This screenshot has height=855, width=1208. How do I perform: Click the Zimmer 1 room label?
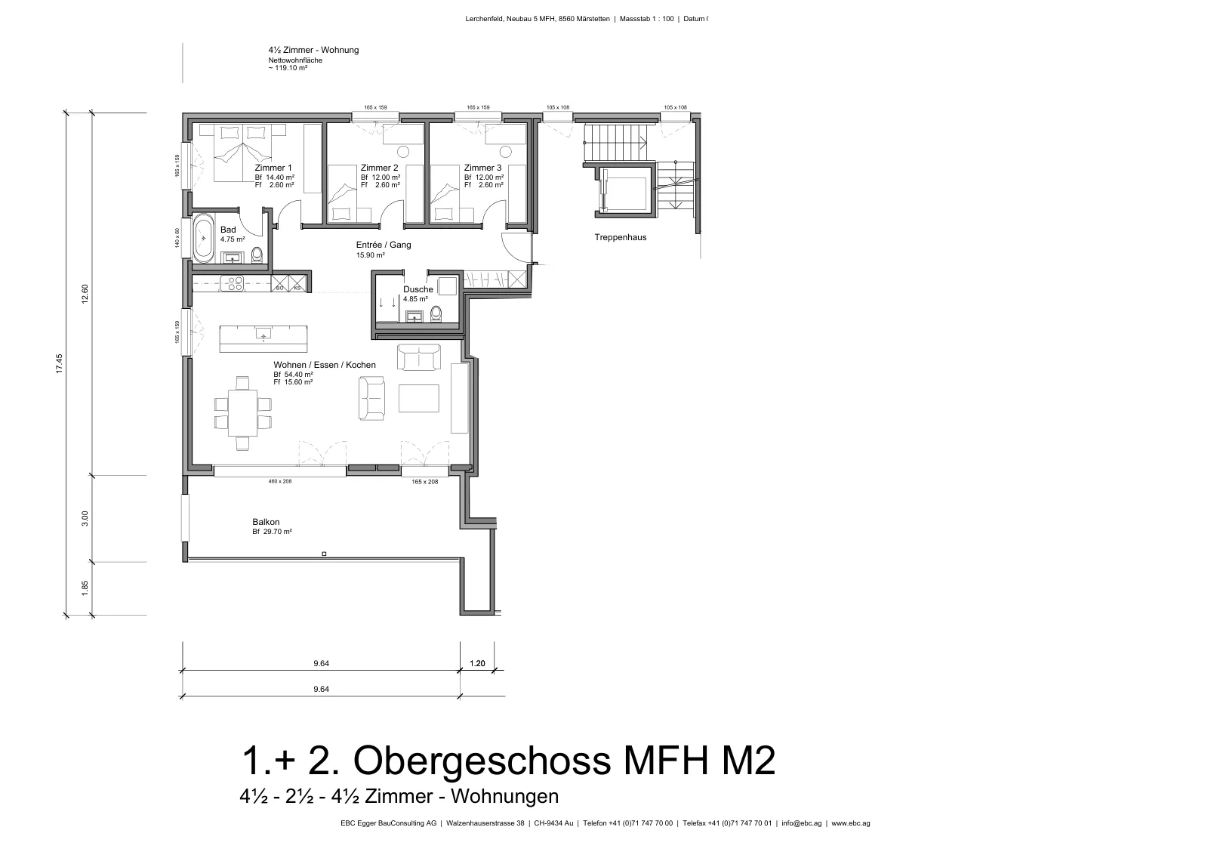coord(273,168)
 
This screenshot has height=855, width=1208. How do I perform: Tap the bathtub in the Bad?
coord(203,239)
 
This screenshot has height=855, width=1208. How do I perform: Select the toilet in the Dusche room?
coord(436,313)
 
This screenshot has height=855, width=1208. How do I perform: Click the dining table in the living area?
coord(242,412)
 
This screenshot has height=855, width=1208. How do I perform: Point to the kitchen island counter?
coord(263,339)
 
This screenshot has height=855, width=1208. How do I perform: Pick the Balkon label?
coord(266,522)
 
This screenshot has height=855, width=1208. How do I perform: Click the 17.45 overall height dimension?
coord(60,363)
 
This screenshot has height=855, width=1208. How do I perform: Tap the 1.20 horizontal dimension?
coord(477,663)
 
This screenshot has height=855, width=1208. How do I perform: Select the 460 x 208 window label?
coord(280,481)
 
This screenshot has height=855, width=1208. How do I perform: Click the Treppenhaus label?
coord(620,237)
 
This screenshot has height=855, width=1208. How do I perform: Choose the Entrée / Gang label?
coord(384,245)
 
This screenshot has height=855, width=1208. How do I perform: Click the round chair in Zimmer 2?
coord(403,152)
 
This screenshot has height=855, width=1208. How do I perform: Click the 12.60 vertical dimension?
coord(85,294)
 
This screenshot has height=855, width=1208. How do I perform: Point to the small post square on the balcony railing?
coord(324,554)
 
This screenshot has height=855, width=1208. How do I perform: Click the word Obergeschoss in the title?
coord(482,761)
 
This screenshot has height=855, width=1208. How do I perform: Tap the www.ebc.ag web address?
coord(850,823)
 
